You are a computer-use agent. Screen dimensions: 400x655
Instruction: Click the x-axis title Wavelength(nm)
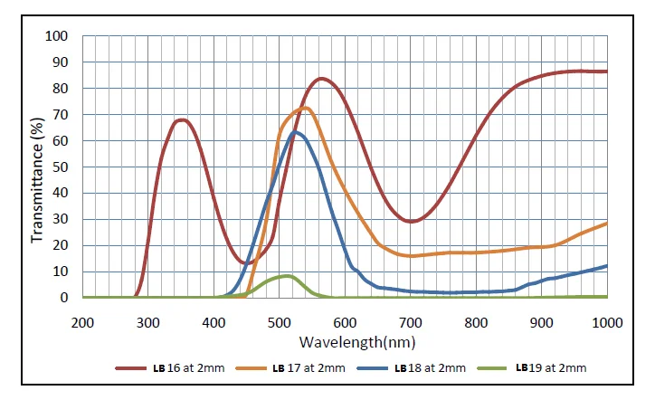tap(345, 341)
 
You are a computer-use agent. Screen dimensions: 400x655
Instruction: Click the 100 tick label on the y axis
tap(57, 36)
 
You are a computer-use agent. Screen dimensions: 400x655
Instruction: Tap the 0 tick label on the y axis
tap(64, 298)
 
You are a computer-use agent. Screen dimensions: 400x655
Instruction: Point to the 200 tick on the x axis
tap(82, 321)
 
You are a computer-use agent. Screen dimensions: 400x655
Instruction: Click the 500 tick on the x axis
tap(280, 321)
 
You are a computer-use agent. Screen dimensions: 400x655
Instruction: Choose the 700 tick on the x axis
tap(411, 321)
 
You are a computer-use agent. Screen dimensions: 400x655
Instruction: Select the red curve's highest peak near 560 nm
tap(321, 79)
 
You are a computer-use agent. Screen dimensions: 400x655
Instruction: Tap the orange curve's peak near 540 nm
tap(306, 108)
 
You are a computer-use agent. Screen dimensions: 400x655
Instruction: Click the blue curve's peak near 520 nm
tap(294, 131)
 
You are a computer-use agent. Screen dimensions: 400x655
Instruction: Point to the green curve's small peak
tap(287, 275)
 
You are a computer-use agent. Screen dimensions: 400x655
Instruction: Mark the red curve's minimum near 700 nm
tap(412, 221)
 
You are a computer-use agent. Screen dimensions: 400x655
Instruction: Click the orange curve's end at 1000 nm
tap(606, 223)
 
